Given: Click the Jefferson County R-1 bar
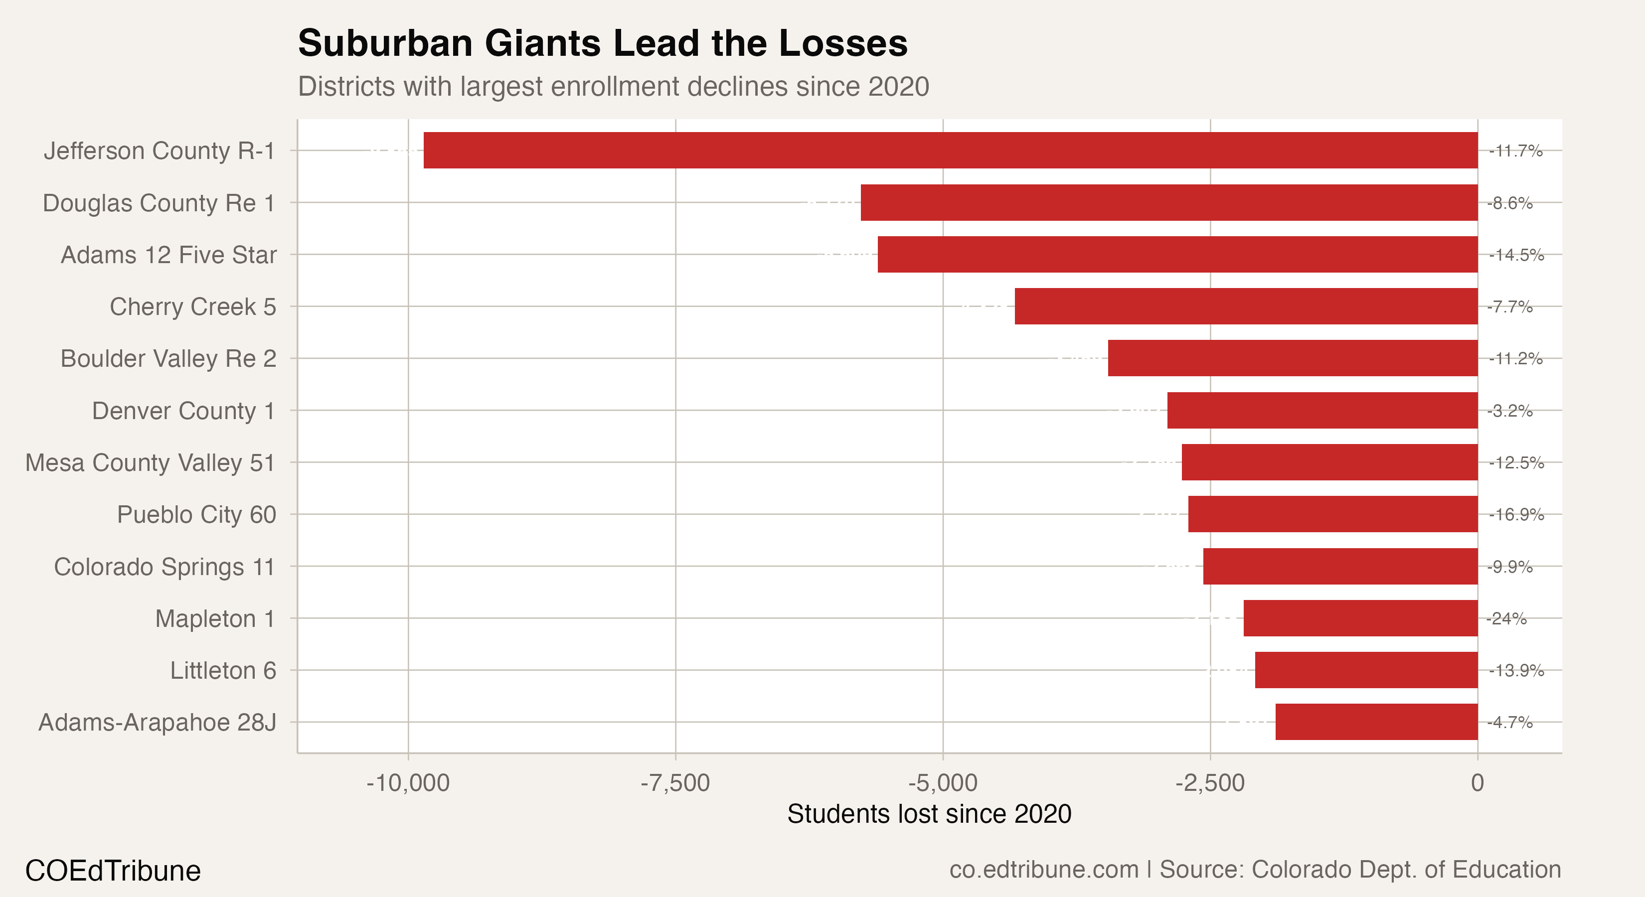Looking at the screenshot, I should tap(950, 150).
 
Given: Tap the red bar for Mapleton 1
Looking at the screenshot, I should tap(1360, 618).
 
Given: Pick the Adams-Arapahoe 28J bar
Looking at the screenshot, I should tap(1376, 722).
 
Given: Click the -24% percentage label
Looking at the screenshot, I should tap(1506, 618).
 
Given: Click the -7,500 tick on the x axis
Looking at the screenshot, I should tap(675, 783).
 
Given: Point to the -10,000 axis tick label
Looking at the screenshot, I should tap(408, 783).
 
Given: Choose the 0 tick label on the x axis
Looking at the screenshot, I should tap(1477, 783).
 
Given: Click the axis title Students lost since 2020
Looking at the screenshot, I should tap(929, 814).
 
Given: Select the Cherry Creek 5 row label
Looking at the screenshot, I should tap(193, 307).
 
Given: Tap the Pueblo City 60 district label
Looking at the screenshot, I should tap(196, 515).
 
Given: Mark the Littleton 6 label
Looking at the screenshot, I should tap(223, 670).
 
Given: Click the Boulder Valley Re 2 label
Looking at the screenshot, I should tap(168, 359).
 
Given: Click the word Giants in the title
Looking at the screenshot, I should tap(542, 43).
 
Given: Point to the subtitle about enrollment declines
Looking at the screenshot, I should tap(613, 87).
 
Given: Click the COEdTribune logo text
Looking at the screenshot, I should tap(113, 871).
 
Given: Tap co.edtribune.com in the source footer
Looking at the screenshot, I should tap(1043, 870).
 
